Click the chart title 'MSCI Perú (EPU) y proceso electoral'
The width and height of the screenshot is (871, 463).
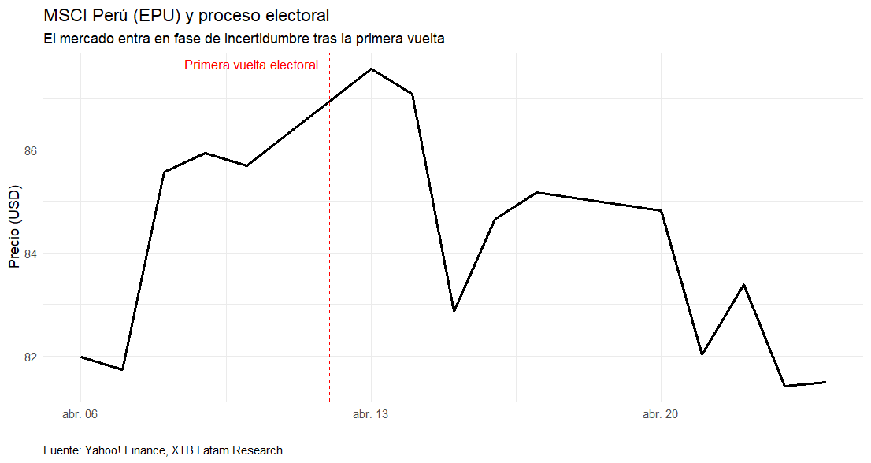click(187, 16)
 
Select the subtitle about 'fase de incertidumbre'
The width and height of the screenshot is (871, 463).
click(244, 39)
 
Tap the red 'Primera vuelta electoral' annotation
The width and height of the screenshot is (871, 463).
click(251, 65)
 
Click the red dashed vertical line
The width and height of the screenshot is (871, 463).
click(329, 236)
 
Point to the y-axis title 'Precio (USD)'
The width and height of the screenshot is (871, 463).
click(14, 227)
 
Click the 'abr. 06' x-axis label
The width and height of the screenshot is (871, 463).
click(80, 414)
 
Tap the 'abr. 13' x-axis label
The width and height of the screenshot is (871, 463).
click(370, 414)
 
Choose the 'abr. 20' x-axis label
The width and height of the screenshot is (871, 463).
click(661, 414)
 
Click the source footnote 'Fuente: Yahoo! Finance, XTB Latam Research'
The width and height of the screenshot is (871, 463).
click(163, 450)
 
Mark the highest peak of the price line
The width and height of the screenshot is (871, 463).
click(371, 69)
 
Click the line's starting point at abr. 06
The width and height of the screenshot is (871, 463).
click(80, 357)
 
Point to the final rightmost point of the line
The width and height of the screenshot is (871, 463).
click(825, 382)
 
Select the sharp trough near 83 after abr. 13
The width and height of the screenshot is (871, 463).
click(454, 311)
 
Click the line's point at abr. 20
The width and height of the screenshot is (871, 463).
click(661, 210)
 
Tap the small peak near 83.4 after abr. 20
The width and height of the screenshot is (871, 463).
click(743, 284)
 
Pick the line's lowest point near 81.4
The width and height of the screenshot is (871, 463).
click(785, 386)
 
